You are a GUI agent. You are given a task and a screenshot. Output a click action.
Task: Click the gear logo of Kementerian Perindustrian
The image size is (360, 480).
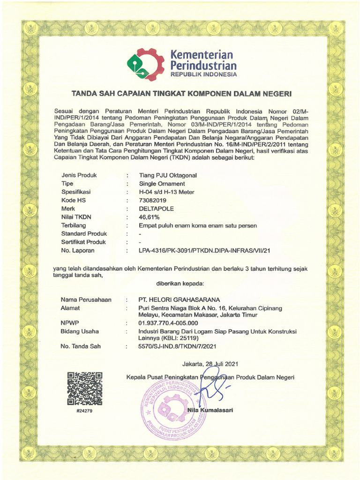pos(145,65)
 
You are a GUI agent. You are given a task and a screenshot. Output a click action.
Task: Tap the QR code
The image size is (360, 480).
pos(85,388)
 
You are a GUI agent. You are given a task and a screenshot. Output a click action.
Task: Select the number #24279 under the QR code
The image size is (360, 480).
pos(84,411)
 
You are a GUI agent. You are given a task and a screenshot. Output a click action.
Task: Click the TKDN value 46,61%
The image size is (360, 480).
pos(150,217)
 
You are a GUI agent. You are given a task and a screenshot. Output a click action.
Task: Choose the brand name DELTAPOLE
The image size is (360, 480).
pos(157,209)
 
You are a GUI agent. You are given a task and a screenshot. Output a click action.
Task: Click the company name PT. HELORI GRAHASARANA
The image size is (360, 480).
pos(178,300)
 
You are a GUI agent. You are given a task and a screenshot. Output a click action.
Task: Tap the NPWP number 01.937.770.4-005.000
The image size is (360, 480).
pos(168,323)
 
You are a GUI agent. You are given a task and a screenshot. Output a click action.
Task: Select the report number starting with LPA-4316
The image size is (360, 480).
pos(205,251)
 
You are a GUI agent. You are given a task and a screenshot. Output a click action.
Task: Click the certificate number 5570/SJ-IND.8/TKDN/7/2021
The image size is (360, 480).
pos(178,347)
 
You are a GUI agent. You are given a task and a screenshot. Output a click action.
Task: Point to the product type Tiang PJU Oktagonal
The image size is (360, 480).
pos(168,175)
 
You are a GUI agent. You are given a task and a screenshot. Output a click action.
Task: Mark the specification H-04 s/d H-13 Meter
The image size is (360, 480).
pos(166,192)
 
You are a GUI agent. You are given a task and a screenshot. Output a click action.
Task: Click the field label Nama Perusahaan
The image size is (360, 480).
pos(86,300)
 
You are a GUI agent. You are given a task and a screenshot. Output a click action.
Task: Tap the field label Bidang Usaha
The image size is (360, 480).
pos(80,331)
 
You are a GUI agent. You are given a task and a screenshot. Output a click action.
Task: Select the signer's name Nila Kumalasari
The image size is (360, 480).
pos(210,411)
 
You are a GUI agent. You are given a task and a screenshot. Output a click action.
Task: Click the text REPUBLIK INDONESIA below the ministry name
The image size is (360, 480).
pos(203,75)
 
